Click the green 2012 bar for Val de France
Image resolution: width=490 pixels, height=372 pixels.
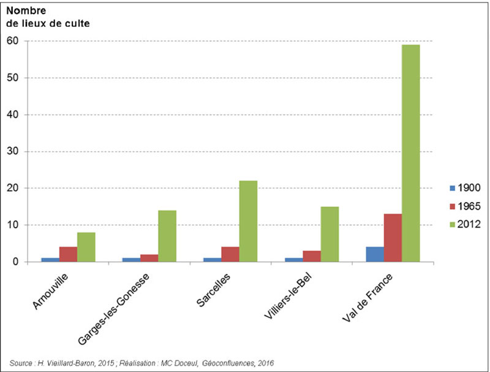410,153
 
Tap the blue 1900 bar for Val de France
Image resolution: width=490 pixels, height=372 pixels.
375,255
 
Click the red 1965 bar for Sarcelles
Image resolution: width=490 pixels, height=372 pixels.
230,255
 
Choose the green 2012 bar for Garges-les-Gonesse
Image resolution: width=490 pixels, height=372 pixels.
167,236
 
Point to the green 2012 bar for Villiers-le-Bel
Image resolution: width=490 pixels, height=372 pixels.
330,234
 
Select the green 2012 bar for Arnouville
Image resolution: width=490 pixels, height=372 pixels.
86,247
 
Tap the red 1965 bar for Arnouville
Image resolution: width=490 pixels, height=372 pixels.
68,255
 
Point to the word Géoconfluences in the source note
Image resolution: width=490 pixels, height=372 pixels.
232,363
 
